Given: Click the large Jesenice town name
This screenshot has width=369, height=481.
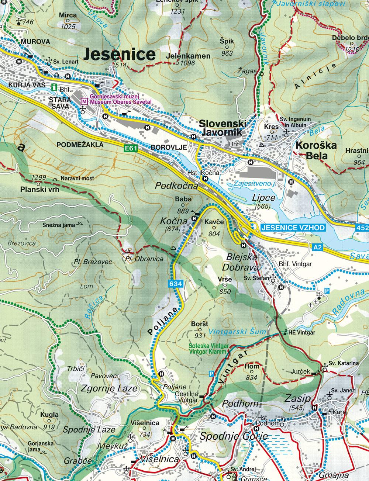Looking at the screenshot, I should click(120, 54).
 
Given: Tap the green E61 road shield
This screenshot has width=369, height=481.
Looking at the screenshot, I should click(131, 148).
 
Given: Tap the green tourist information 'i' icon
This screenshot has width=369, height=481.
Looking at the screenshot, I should click(54, 87).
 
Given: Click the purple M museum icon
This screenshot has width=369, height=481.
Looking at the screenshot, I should click(84, 101).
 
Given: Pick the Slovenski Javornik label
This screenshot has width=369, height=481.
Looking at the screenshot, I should click(221, 127).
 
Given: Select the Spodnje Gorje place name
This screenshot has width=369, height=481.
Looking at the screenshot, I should click(233, 436).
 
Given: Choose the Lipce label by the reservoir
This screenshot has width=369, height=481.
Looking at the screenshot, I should click(263, 197).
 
